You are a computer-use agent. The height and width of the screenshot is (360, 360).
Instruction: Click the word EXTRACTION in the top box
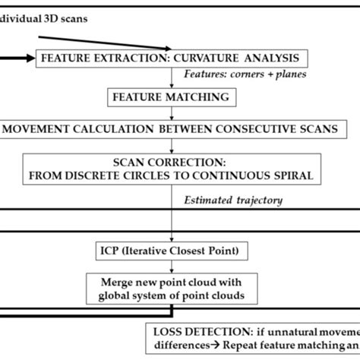click(130, 57)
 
